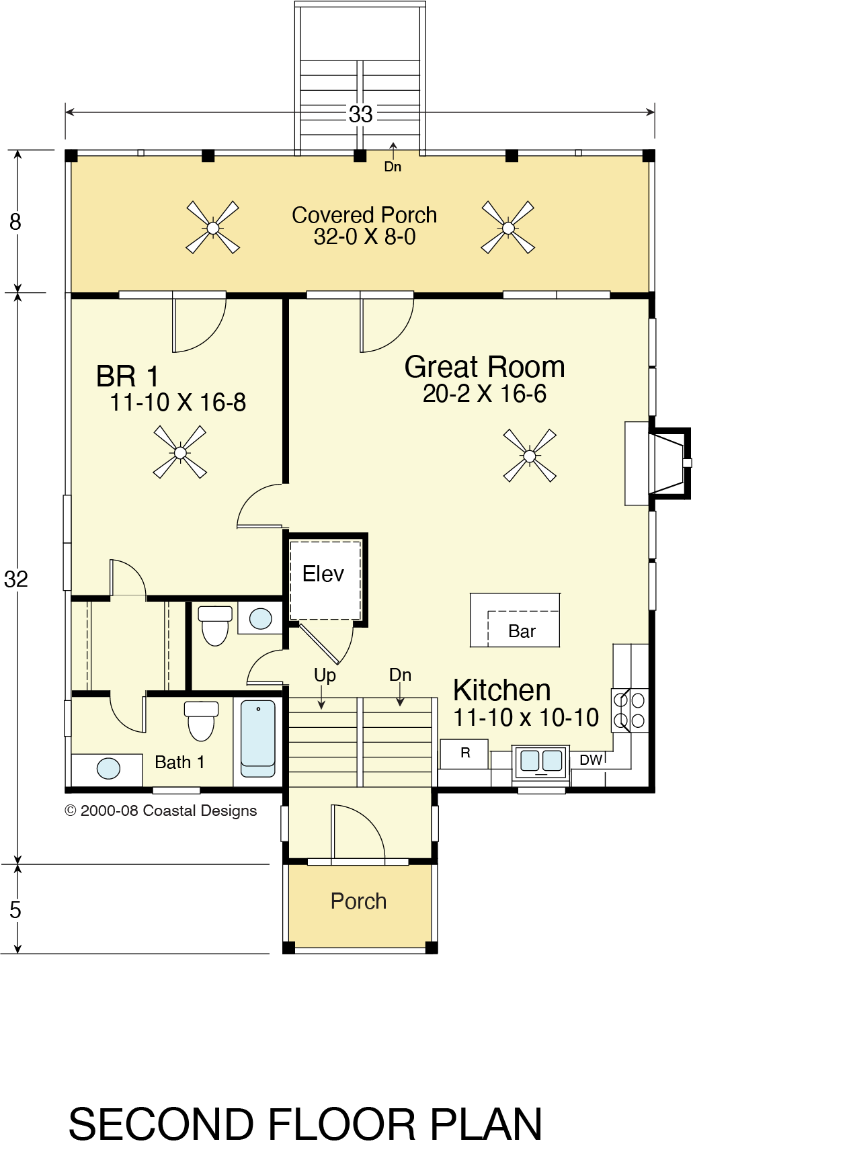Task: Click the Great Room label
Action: (x=485, y=367)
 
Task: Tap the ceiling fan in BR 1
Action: (x=180, y=452)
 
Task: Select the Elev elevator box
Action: (x=326, y=580)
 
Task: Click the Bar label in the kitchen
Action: (x=522, y=631)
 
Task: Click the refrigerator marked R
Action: (x=464, y=753)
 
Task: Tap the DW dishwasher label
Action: (x=591, y=759)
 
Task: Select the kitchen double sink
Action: (x=541, y=761)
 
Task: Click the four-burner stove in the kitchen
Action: (x=630, y=710)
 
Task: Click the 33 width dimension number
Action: (x=360, y=114)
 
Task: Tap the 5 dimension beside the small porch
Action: (x=15, y=910)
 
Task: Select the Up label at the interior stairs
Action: (x=325, y=675)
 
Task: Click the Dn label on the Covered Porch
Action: (x=393, y=167)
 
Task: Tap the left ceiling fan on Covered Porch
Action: (x=212, y=228)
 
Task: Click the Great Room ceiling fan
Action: (x=530, y=456)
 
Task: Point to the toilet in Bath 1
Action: (x=201, y=720)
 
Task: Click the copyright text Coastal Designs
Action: (x=200, y=811)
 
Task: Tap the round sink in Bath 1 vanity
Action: (x=108, y=768)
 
